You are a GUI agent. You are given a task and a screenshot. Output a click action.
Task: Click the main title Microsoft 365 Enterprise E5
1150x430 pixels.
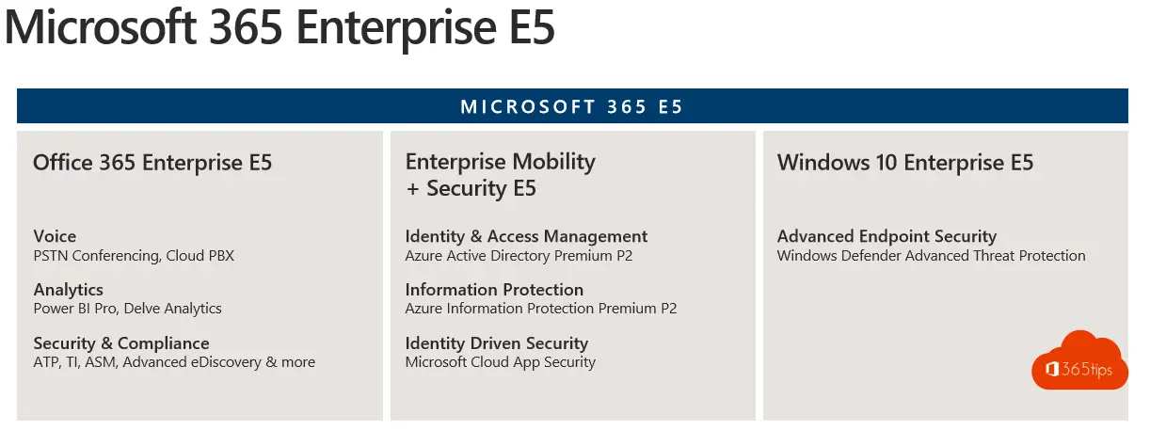point(280,27)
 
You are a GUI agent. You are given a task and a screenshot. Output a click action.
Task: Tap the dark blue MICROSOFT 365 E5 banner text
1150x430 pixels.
point(572,106)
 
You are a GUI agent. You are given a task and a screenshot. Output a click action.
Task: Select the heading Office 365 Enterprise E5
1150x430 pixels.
point(152,163)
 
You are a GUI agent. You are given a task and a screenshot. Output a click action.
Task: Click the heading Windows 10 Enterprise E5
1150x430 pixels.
point(905,163)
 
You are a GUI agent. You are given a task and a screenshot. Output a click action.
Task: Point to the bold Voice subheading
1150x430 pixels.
point(55,236)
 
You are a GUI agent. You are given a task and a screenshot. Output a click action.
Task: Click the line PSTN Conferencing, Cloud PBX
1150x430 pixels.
point(134,256)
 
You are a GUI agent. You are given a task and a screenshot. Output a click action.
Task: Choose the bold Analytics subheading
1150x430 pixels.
point(69,290)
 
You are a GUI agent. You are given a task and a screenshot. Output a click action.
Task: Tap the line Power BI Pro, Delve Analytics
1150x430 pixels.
point(128,309)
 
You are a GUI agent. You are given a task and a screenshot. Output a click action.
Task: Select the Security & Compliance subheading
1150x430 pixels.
point(121,342)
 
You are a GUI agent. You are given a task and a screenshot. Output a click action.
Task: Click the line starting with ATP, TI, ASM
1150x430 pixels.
point(174,362)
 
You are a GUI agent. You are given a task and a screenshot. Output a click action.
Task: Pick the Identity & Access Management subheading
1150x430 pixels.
point(526,236)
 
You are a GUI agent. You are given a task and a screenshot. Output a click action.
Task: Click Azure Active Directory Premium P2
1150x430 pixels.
point(519,256)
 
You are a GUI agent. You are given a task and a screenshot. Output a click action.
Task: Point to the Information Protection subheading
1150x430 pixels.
point(494,290)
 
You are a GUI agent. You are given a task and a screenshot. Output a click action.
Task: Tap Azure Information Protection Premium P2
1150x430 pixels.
point(541,309)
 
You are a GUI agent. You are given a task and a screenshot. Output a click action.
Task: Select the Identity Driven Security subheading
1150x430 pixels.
point(497,342)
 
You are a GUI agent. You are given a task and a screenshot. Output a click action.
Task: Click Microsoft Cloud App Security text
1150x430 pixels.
point(501,362)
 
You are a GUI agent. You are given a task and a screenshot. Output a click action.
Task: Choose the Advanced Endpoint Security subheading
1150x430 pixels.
point(887,236)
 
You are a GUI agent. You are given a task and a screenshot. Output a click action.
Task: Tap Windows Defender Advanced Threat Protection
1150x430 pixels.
point(932,256)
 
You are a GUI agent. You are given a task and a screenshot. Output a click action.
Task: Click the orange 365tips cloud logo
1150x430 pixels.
point(1079,360)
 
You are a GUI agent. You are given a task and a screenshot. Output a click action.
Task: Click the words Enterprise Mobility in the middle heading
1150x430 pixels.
point(501,162)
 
